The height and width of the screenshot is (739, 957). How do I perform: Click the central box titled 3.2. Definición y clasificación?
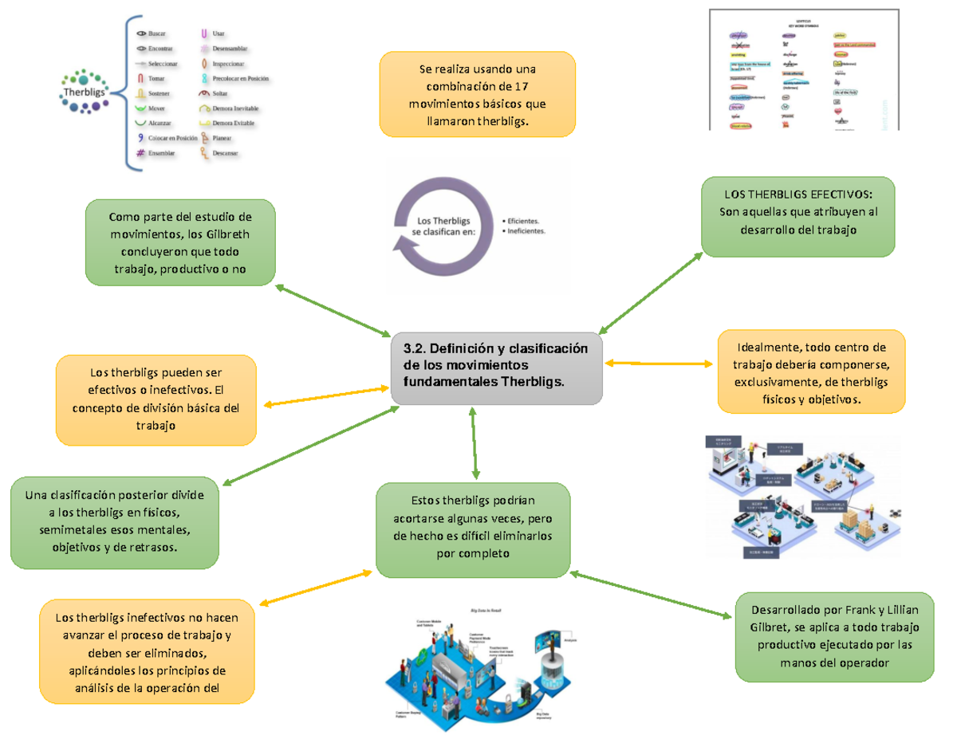pos(496,368)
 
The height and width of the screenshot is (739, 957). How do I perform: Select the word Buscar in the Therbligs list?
pos(158,34)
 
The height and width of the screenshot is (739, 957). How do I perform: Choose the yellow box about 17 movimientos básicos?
pos(477,93)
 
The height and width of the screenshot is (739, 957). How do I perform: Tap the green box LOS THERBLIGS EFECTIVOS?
pos(797,216)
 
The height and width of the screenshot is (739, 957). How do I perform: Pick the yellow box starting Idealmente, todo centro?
pos(810,371)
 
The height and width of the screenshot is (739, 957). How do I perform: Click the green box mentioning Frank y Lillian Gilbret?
pos(835,637)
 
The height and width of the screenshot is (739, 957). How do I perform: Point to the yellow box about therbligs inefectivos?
pos(147,653)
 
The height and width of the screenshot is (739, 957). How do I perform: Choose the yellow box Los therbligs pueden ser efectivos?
pos(156,399)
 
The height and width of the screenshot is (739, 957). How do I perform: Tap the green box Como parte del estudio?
pos(181,242)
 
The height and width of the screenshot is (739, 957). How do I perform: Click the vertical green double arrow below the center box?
pos(475,443)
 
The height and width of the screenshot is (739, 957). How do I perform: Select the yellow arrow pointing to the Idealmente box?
pos(659,364)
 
